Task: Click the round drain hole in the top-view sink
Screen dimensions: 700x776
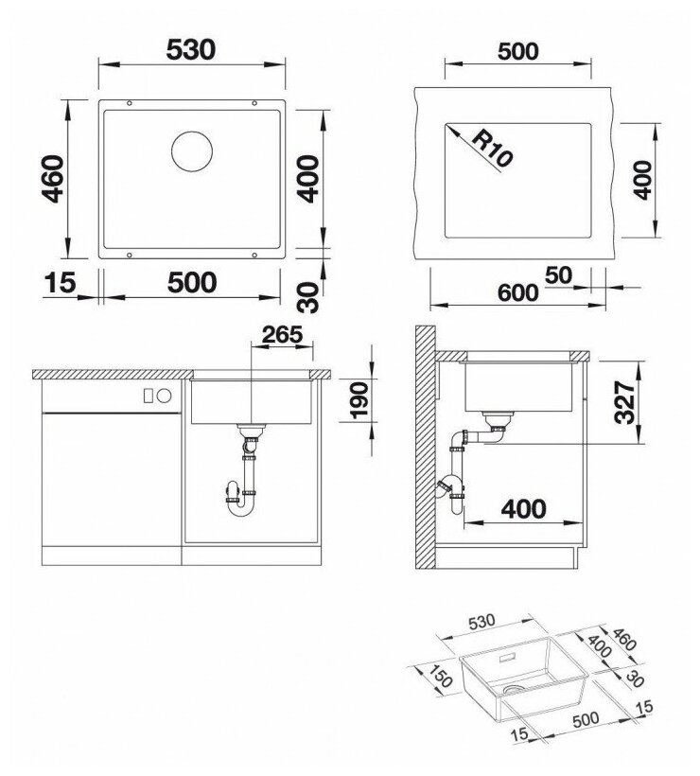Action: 192,152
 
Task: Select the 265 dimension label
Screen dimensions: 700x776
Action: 282,335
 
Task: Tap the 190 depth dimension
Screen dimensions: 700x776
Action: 359,400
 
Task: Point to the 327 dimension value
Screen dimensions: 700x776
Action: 624,403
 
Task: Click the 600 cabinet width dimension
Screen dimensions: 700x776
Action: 518,293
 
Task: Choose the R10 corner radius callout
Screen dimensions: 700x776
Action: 491,148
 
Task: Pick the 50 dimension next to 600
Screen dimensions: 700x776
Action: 558,275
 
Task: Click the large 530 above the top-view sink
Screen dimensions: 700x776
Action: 191,49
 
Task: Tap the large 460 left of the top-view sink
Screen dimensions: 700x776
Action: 53,179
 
